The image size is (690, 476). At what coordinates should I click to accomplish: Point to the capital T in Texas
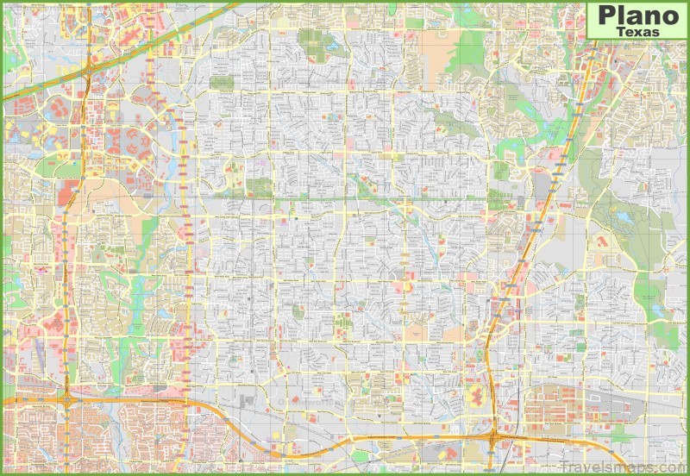click(x=622, y=31)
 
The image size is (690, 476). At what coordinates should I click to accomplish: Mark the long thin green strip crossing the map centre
click(x=345, y=200)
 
